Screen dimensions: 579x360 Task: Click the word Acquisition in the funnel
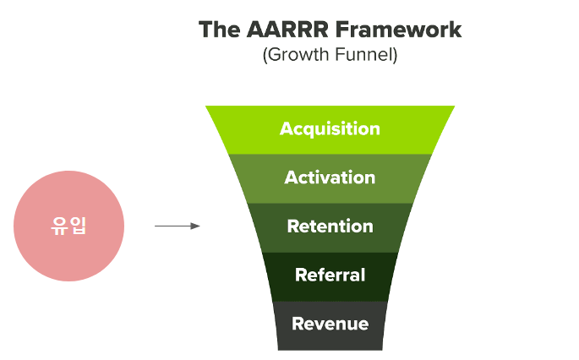(x=330, y=129)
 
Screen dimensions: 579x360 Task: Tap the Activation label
(x=330, y=177)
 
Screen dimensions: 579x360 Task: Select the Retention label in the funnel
(x=330, y=226)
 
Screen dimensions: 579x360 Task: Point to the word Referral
(x=330, y=275)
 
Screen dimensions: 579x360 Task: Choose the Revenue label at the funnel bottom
(x=330, y=324)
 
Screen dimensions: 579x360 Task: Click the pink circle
(x=69, y=226)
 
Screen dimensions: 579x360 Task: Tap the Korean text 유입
(x=68, y=226)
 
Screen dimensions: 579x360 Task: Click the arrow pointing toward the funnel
(x=178, y=226)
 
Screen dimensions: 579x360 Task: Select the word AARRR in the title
(x=287, y=30)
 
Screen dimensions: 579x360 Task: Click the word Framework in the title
(x=399, y=30)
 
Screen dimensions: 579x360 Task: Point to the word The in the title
(x=219, y=30)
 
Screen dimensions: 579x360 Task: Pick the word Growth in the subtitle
(x=298, y=55)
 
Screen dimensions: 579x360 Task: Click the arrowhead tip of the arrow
(x=199, y=226)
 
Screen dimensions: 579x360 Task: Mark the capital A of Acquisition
(x=287, y=128)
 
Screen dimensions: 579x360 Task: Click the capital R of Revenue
(x=298, y=324)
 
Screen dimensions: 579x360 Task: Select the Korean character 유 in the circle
(x=59, y=226)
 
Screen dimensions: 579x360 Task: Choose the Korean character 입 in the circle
(x=79, y=226)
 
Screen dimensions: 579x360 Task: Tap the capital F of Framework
(x=342, y=30)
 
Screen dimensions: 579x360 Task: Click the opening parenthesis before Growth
(x=265, y=55)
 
